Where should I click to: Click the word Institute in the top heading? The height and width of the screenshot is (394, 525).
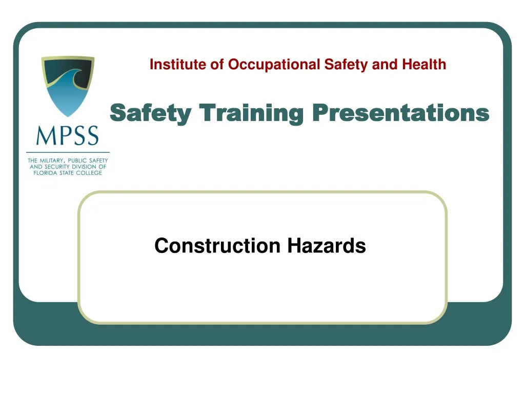[172, 65]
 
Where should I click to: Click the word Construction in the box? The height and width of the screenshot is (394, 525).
[217, 246]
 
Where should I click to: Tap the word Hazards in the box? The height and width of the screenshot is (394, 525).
[327, 246]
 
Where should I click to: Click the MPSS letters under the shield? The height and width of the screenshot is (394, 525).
[67, 136]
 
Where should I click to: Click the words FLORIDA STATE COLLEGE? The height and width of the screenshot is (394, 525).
[67, 173]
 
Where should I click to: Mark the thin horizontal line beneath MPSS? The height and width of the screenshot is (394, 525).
[67, 152]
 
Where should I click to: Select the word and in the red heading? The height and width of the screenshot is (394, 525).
[389, 65]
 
